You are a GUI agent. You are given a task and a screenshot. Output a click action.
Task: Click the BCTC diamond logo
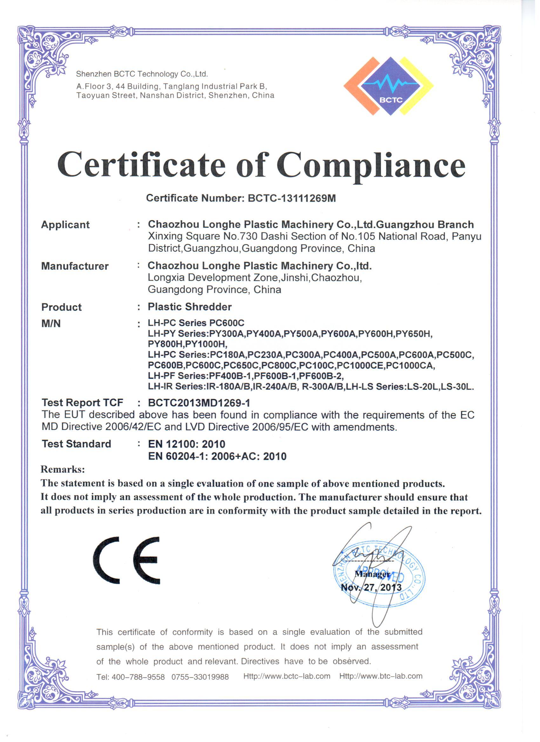coord(389,86)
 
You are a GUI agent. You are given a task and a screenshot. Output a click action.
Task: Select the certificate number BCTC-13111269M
coord(292,198)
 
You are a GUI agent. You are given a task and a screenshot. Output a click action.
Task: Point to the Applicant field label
coord(65,225)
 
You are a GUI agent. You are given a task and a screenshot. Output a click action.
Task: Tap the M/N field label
coord(51,324)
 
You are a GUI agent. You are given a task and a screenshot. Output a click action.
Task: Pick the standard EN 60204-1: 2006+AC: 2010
coord(217,456)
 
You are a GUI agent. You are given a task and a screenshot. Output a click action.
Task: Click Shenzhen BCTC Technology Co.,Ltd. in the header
coord(142,74)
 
